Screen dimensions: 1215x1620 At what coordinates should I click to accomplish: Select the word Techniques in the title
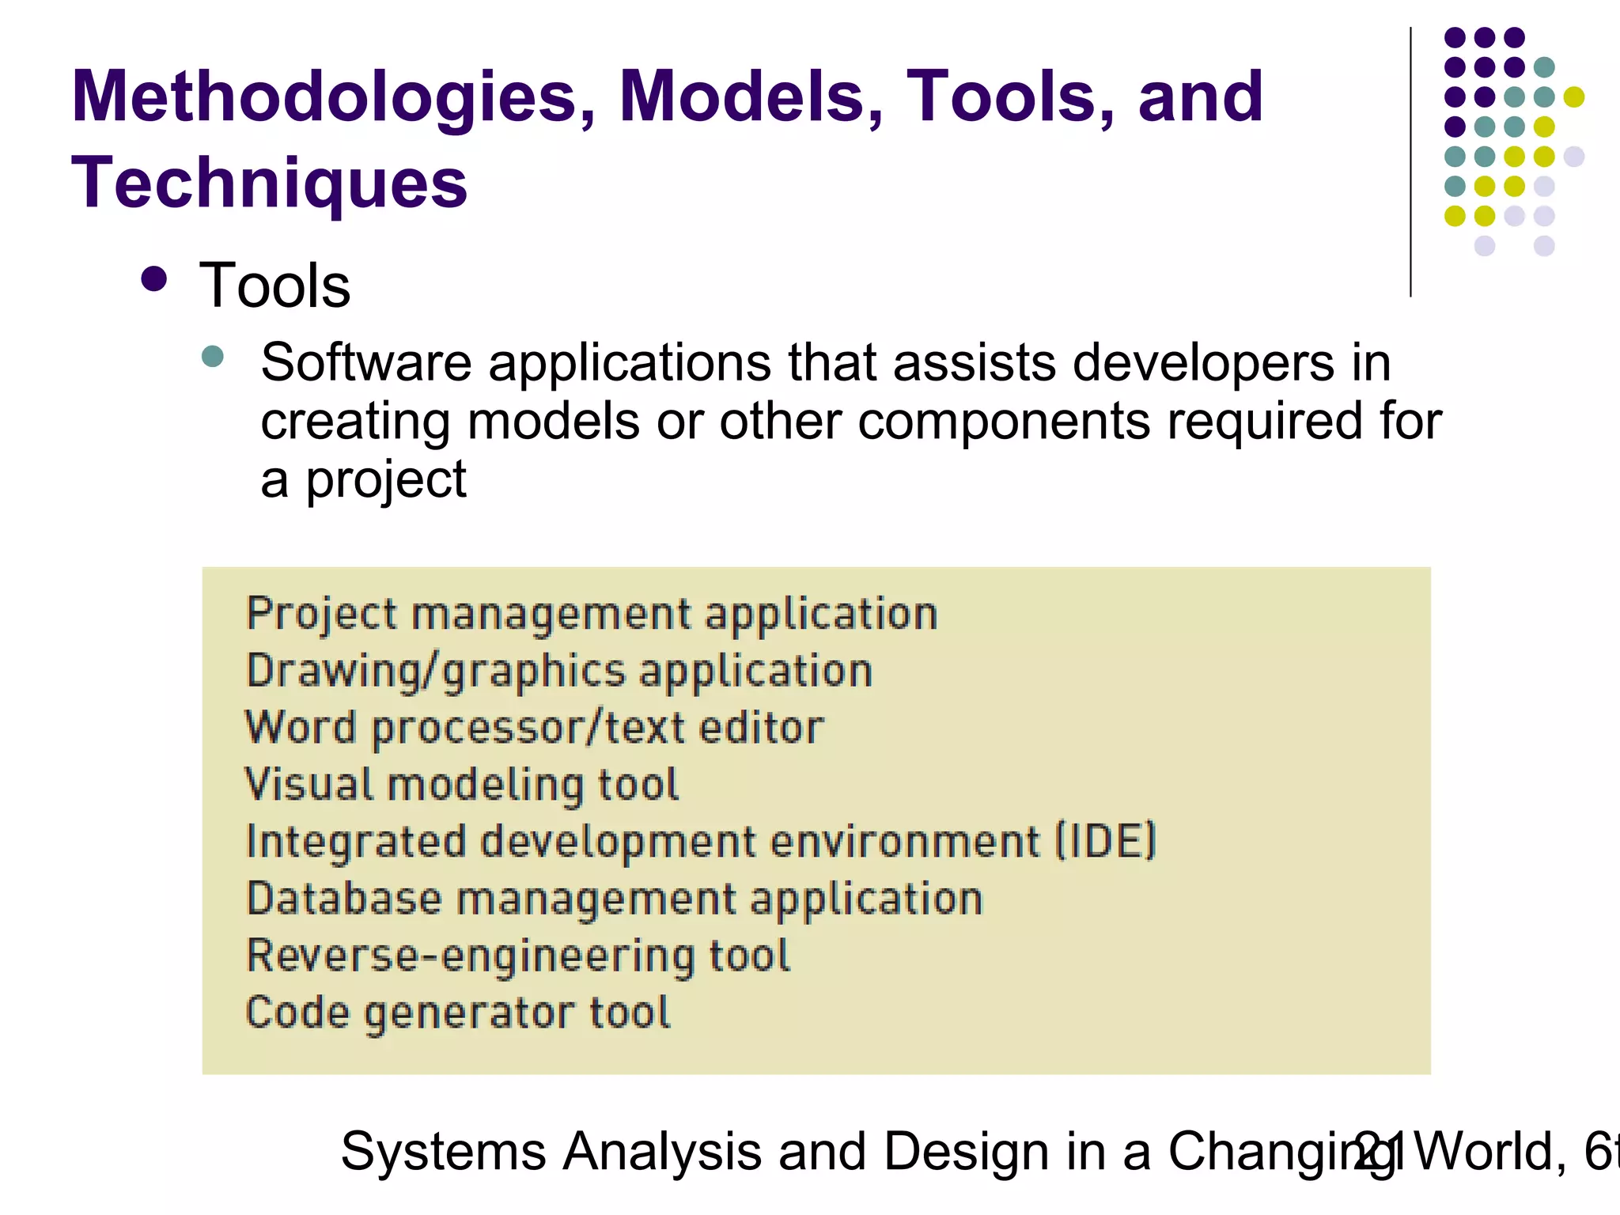(x=269, y=184)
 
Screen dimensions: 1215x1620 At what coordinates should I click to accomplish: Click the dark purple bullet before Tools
(x=154, y=279)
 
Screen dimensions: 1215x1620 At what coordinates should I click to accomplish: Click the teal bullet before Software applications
(x=213, y=356)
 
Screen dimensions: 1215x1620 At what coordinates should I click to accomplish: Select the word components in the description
(x=1003, y=422)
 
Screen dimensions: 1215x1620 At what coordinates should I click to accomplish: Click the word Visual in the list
(x=308, y=785)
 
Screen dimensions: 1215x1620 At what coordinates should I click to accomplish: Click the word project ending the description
(x=386, y=481)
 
